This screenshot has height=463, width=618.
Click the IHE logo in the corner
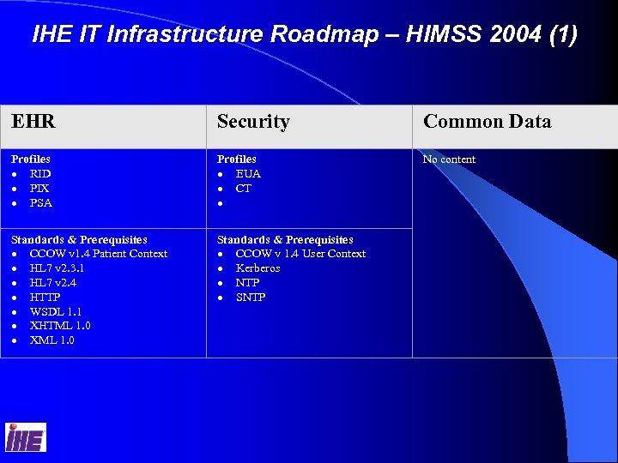point(25,437)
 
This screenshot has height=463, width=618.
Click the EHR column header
point(33,122)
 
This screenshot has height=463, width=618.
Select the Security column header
point(253,122)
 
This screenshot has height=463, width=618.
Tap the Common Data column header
point(487,122)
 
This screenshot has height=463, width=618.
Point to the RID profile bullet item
point(40,174)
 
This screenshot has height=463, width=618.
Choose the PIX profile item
point(39,189)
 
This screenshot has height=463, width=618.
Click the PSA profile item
point(41,203)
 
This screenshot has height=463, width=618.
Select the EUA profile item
point(248,174)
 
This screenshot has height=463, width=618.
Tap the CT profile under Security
point(244,189)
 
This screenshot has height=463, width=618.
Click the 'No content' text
point(449,159)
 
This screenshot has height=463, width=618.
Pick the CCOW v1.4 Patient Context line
point(98,254)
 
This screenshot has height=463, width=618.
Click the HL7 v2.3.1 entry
point(57,268)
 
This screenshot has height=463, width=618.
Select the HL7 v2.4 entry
point(52,283)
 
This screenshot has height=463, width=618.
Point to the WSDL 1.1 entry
point(56,312)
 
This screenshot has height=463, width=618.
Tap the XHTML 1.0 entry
point(60,326)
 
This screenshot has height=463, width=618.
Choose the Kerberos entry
point(257,268)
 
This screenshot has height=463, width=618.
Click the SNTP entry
point(251,298)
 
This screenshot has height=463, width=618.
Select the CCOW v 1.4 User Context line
point(300,254)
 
